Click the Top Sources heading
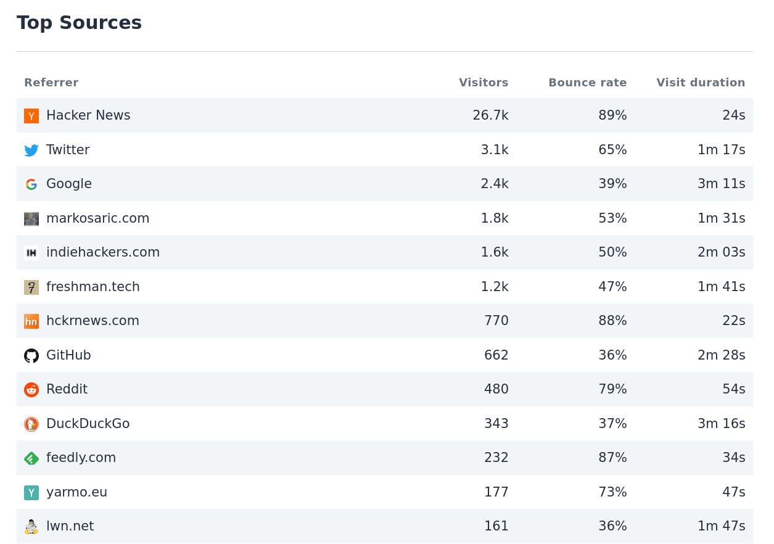(x=79, y=23)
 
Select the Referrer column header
(x=51, y=83)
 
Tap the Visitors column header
(x=484, y=83)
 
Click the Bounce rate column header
(x=587, y=83)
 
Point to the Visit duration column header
(x=701, y=83)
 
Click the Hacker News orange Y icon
(x=31, y=116)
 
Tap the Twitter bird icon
(x=31, y=150)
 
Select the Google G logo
(x=31, y=184)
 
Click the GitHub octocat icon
(x=31, y=356)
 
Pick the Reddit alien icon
(x=31, y=390)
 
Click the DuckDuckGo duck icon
(x=31, y=424)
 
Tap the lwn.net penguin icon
(x=31, y=527)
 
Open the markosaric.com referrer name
(x=97, y=218)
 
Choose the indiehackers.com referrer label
(x=103, y=252)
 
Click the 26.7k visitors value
(x=490, y=115)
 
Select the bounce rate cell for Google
(x=612, y=184)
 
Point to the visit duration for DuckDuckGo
(x=721, y=424)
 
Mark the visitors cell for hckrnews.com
(x=496, y=321)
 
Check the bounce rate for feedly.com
(x=612, y=458)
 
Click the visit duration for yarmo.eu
(x=734, y=492)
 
